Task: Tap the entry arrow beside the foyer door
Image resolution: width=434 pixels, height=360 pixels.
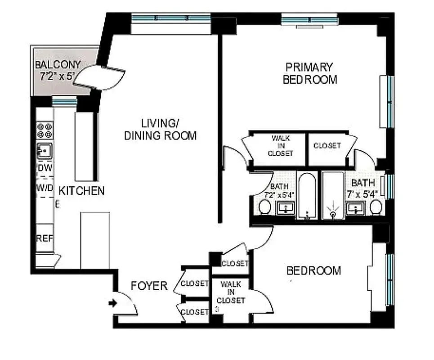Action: click(112, 304)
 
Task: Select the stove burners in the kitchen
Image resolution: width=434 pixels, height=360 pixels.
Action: click(45, 130)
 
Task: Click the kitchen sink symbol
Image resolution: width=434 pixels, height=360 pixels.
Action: click(44, 150)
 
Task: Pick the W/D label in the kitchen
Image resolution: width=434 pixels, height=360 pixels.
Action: click(45, 187)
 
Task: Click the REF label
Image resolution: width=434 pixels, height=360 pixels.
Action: click(45, 238)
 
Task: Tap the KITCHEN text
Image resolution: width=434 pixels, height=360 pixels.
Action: click(81, 191)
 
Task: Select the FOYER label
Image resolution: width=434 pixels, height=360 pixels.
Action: click(149, 286)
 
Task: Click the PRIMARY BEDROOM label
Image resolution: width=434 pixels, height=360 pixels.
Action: click(310, 73)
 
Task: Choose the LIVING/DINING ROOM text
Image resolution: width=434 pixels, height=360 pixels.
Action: click(161, 129)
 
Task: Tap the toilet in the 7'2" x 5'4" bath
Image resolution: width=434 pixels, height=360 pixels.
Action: click(264, 207)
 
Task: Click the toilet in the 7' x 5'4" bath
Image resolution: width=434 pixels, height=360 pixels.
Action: click(376, 207)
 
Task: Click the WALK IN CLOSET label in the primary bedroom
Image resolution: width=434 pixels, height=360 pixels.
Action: click(280, 145)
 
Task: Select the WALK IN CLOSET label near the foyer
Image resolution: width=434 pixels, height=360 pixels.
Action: click(231, 292)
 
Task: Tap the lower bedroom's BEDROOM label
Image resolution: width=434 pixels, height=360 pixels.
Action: click(313, 271)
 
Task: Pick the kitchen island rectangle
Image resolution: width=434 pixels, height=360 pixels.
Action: click(95, 240)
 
